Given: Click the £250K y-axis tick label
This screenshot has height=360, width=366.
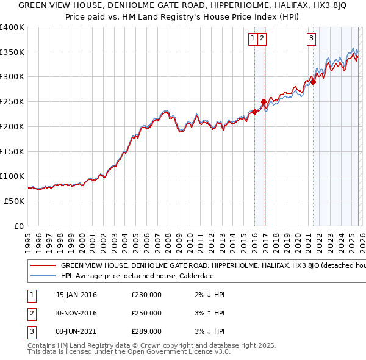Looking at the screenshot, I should (12, 101).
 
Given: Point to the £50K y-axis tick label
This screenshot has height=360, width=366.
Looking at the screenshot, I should (13, 201).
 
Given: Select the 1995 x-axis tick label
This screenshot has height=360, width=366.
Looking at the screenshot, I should (27, 238).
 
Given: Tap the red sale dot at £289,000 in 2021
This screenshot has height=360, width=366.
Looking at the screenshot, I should (313, 81).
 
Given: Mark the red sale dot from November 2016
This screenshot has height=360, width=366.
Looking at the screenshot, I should (264, 101).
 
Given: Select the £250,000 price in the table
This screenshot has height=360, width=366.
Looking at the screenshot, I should (146, 313).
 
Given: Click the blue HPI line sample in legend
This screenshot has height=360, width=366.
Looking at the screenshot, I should (43, 275).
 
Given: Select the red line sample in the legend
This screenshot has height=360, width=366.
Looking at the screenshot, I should (43, 266).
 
